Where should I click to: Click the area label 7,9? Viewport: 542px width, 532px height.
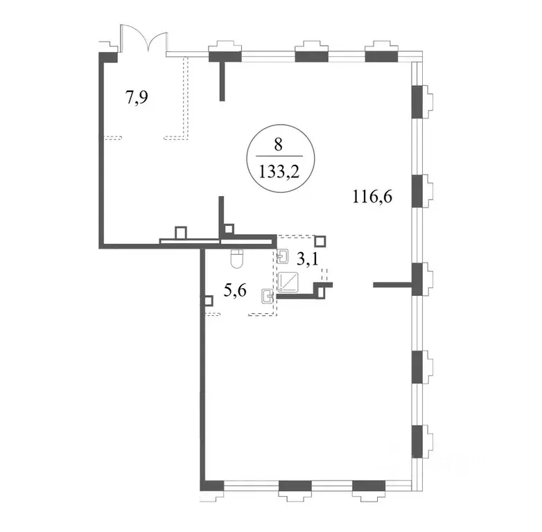coord(137,98)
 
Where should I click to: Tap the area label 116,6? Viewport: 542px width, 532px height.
coord(372,197)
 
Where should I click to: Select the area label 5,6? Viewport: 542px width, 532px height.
coord(235,291)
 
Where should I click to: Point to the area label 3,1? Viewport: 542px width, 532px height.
coord(307,259)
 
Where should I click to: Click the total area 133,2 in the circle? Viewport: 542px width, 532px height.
coord(279,172)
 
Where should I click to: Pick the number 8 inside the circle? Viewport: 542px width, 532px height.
coord(278,145)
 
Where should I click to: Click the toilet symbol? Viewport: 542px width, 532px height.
coord(237,258)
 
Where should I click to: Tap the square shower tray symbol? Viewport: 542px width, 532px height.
coord(288,281)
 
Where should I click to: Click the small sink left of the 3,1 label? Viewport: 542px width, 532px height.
coord(283,256)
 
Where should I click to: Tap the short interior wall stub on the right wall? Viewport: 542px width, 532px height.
coord(393,285)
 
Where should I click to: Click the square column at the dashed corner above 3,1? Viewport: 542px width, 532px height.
coord(320,241)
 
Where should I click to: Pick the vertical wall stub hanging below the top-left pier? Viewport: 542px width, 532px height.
coord(222,81)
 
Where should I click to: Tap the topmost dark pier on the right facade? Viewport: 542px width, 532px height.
coord(417,102)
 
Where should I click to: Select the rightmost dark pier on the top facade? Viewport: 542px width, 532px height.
coord(381,57)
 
